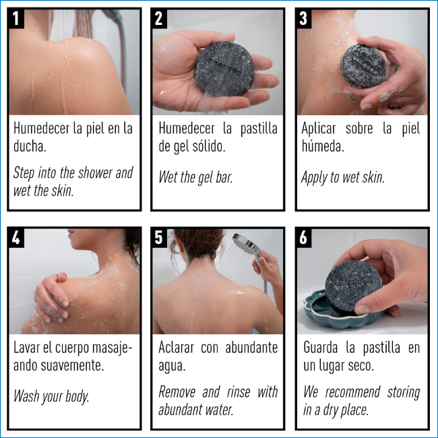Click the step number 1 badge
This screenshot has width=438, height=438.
click(16, 18)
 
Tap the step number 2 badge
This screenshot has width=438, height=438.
click(159, 18)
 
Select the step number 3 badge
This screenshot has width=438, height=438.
click(304, 18)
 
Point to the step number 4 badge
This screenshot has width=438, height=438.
click(16, 238)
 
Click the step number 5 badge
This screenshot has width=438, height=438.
click(159, 238)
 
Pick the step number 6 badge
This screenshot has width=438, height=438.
click(304, 238)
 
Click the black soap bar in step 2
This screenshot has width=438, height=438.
click(224, 69)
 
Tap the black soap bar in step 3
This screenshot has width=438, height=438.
click(363, 66)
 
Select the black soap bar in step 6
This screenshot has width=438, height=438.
click(354, 287)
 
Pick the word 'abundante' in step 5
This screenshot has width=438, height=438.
click(251, 348)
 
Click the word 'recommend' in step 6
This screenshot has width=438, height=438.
click(352, 392)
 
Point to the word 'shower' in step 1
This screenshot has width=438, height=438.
click(94, 173)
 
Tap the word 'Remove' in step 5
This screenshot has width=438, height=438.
click(177, 392)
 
